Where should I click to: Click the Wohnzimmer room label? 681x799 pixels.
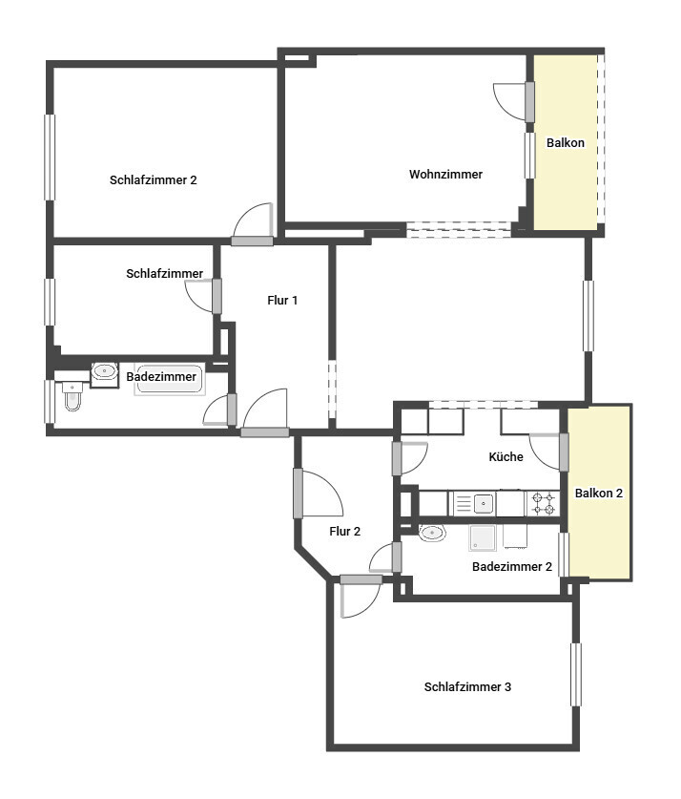[445, 175]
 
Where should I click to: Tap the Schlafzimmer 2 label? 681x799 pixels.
[154, 179]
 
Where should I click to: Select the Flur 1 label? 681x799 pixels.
[282, 300]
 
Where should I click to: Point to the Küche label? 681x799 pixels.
[506, 456]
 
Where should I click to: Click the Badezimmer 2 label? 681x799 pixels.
[512, 567]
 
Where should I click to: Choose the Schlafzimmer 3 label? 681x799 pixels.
[467, 687]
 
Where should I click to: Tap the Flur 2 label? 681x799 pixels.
[345, 532]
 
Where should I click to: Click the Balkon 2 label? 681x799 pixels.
[599, 494]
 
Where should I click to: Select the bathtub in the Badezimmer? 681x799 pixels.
[170, 379]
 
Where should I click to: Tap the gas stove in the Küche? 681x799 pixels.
[543, 503]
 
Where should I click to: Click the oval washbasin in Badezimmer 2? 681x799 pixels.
[432, 533]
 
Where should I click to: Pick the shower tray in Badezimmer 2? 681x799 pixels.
[482, 538]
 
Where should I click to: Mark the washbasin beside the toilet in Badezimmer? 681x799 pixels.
[104, 372]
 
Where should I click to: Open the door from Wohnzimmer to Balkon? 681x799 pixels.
[529, 102]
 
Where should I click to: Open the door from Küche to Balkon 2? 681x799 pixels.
[564, 452]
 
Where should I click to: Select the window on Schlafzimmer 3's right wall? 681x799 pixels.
[576, 675]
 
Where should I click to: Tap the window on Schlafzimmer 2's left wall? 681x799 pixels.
[50, 158]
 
